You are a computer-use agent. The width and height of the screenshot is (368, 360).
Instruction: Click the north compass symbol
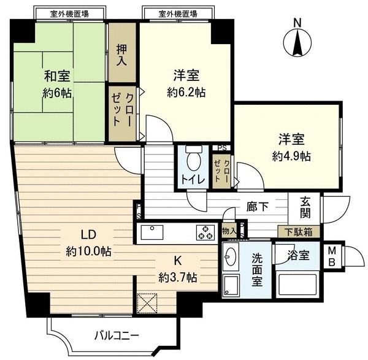[297, 43]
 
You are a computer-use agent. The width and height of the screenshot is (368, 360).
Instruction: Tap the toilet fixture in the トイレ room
[194, 158]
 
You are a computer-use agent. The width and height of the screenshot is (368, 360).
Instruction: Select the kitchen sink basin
[152, 232]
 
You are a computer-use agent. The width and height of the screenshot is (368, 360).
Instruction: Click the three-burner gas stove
[205, 232]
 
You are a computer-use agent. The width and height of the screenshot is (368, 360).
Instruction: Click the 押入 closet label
[122, 55]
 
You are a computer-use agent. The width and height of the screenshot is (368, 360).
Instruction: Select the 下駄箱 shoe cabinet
[299, 232]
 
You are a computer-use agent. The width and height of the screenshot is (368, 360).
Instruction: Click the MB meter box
[332, 257]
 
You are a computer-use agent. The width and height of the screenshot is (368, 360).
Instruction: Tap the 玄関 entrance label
[305, 207]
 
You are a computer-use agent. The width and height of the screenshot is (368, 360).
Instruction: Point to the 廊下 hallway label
[258, 207]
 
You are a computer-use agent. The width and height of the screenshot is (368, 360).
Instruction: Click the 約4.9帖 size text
[291, 156]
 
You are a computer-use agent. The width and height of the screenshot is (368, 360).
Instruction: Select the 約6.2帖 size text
[186, 93]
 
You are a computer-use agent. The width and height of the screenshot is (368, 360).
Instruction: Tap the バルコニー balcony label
[117, 335]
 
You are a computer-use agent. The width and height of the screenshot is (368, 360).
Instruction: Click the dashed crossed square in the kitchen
[147, 303]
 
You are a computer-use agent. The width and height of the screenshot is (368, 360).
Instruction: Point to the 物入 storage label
[229, 231]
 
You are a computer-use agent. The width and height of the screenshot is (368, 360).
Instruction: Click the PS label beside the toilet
[222, 148]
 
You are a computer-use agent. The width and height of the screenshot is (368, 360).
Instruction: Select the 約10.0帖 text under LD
[88, 252]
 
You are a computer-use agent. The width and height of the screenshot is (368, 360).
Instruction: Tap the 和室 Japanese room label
[57, 76]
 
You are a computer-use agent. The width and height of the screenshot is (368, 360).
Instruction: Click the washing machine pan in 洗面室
[231, 285]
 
